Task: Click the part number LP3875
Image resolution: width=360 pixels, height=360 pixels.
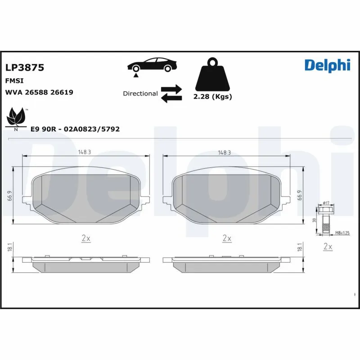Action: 24,68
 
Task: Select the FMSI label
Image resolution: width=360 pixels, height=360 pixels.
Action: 14,81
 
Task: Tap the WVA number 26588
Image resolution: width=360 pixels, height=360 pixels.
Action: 36,92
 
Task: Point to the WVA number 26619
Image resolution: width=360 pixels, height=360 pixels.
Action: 62,92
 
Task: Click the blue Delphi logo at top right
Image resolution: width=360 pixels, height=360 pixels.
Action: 327,65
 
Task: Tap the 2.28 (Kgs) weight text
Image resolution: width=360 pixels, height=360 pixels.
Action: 212,97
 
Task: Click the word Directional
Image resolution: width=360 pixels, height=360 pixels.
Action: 140,94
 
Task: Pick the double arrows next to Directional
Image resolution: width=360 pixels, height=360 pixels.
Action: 171,93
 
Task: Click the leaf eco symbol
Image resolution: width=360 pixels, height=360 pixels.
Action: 16,118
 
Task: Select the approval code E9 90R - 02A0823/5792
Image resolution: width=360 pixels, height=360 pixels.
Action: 75,129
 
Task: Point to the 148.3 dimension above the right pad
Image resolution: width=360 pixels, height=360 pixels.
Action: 224,153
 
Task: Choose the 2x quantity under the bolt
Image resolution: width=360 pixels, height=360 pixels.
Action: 328,247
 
